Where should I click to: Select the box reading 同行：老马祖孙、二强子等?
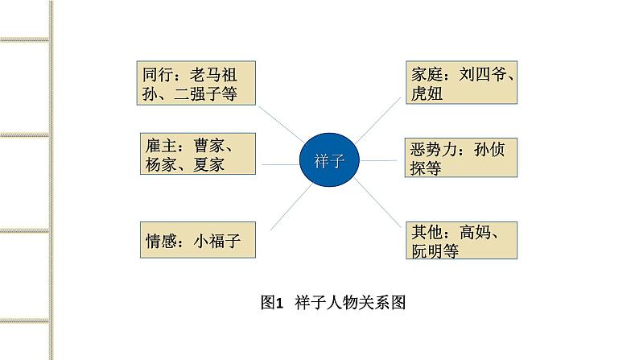[x=196, y=84]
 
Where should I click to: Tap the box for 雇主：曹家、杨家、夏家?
[x=196, y=153]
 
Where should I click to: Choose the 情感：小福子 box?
[x=196, y=239]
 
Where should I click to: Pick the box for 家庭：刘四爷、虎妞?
[x=460, y=84]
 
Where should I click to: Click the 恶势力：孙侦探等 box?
[x=460, y=158]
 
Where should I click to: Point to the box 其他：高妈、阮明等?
[x=460, y=241]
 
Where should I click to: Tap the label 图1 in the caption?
[x=274, y=304]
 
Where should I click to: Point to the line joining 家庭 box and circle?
[x=377, y=118]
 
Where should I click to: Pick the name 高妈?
[x=479, y=232]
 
